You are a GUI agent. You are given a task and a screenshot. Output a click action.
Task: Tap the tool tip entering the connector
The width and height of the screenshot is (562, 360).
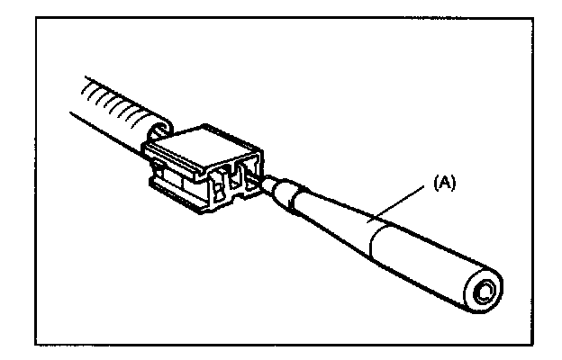[x=267, y=183]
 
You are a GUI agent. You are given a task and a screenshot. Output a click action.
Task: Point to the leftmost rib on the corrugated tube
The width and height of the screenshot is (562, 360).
[x=86, y=90]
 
